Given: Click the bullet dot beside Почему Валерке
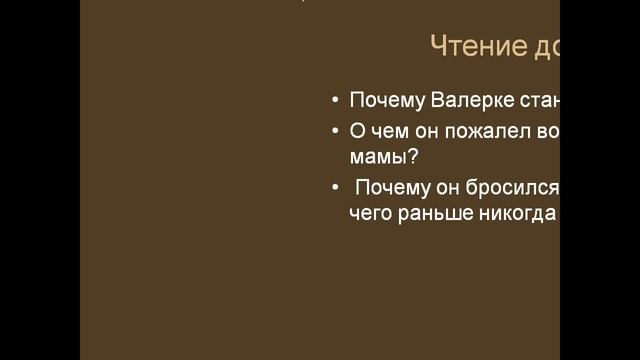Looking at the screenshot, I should pyautogui.click(x=334, y=102).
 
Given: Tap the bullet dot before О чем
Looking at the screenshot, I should pyautogui.click(x=334, y=131).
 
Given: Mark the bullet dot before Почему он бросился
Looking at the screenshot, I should pyautogui.click(x=334, y=188).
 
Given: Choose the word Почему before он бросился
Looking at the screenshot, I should pyautogui.click(x=392, y=187).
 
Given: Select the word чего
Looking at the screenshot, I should pyautogui.click(x=370, y=213).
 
